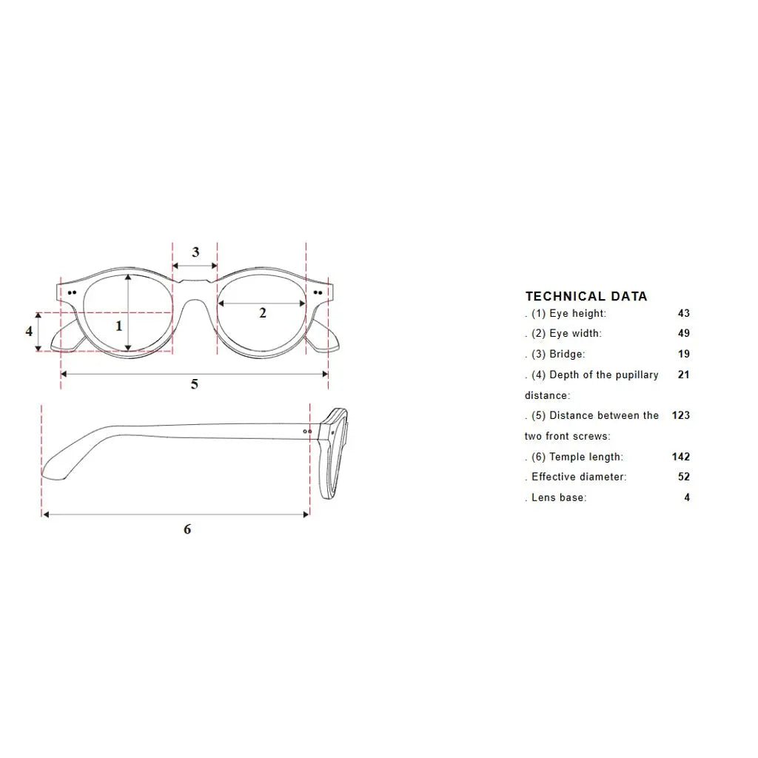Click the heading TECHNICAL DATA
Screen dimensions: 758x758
tap(586, 296)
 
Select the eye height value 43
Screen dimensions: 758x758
tap(683, 313)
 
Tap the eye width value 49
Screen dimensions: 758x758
tap(683, 333)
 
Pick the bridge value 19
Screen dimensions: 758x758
tap(683, 354)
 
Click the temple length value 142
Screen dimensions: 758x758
tap(681, 457)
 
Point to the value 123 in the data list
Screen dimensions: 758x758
tap(681, 415)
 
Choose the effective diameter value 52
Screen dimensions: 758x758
tap(683, 477)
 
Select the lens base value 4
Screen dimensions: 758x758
tap(687, 497)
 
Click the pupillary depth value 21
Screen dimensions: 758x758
tap(683, 375)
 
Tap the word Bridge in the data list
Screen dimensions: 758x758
tap(566, 355)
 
